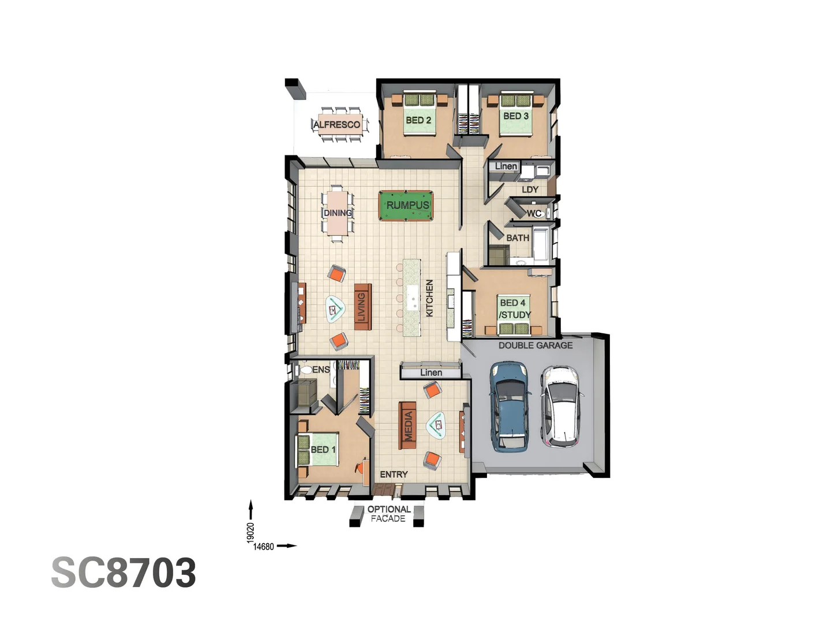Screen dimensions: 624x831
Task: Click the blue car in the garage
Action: pos(510,406)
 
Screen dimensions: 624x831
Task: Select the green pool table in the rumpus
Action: pos(406,205)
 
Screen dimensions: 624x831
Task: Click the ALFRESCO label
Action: pos(337,125)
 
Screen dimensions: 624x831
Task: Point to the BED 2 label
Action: pos(418,120)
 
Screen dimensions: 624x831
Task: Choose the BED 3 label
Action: pos(516,116)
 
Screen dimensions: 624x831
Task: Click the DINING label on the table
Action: pos(338,213)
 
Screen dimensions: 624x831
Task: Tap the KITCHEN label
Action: pos(429,298)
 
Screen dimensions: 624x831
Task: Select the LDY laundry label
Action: pos(530,190)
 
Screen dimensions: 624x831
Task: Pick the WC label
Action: pos(534,214)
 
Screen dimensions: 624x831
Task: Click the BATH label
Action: pos(518,237)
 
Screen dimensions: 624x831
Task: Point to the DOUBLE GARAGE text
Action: pos(536,346)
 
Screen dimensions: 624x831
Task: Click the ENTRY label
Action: pos(394,474)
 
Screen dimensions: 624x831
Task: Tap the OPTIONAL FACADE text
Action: pos(388,514)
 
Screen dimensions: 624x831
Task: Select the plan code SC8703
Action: pos(123,573)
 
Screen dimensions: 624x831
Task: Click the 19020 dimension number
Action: pos(250,532)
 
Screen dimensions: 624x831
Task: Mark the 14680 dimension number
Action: pos(263,547)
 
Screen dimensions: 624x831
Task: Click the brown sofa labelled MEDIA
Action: pos(408,425)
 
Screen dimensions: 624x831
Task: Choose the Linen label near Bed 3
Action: pos(506,166)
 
